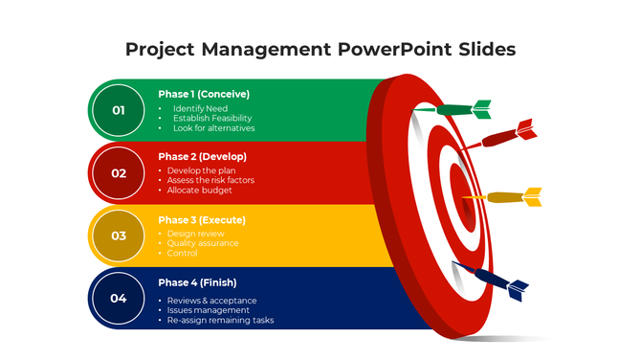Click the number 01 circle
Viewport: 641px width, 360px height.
[x=119, y=110]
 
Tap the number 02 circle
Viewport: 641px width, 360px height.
[x=119, y=173]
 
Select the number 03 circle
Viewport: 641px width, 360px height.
[x=119, y=236]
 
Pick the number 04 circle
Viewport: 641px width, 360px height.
[x=119, y=298]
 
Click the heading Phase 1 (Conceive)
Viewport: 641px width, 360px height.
[x=204, y=94]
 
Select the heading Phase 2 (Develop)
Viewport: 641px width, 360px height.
[x=202, y=156]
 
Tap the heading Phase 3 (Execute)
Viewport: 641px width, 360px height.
[x=201, y=219]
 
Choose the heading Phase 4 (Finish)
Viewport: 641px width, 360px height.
[x=197, y=282]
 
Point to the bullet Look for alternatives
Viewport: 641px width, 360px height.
[x=213, y=128]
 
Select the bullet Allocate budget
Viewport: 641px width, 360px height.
[x=200, y=191]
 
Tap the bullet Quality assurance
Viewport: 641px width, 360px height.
[x=203, y=243]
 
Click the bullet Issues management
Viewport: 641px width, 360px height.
[x=209, y=310]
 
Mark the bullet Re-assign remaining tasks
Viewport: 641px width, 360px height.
[x=220, y=321]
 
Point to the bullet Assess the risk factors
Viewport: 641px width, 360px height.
[x=210, y=180]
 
